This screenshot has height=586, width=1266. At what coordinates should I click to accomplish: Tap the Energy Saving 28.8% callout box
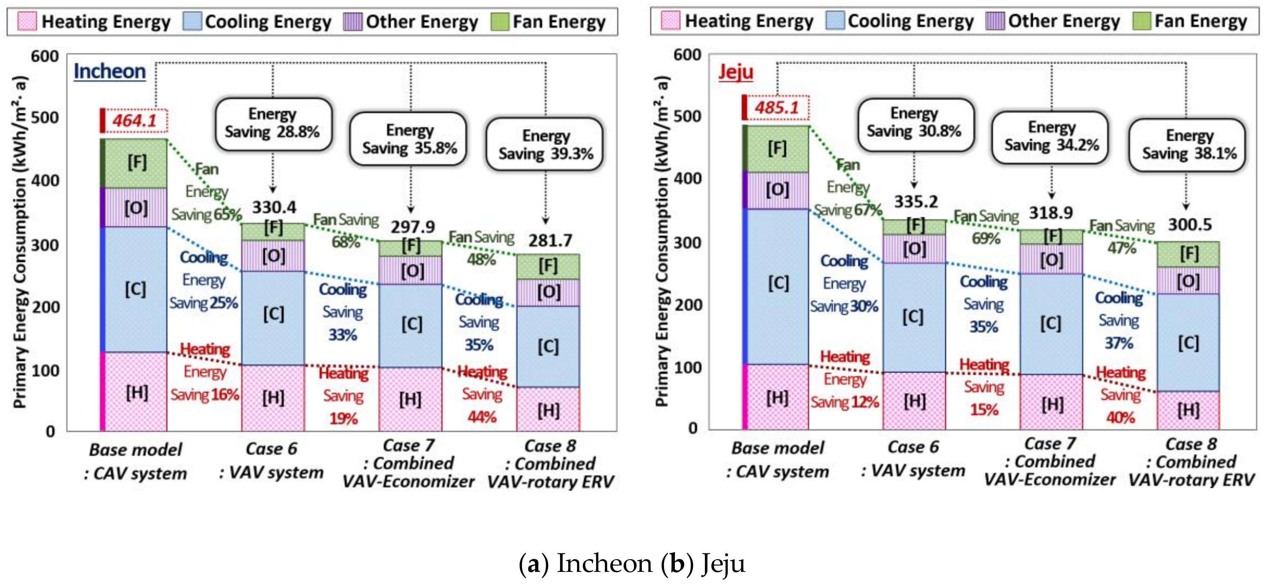pyautogui.click(x=273, y=123)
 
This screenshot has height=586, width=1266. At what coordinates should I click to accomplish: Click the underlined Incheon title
pyautogui.click(x=110, y=71)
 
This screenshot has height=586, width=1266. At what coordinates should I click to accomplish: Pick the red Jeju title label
pyautogui.click(x=735, y=72)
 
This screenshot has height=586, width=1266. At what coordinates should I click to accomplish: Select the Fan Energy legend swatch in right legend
pyautogui.click(x=1141, y=21)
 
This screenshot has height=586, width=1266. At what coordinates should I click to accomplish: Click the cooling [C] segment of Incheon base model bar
pyautogui.click(x=135, y=289)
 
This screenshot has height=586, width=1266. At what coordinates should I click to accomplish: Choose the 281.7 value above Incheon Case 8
pyautogui.click(x=550, y=240)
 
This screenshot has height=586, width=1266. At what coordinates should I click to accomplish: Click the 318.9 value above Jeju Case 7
pyautogui.click(x=1051, y=213)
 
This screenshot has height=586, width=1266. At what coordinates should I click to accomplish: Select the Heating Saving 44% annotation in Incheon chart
pyautogui.click(x=482, y=394)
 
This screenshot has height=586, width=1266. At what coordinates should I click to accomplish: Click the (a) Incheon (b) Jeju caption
pyautogui.click(x=632, y=564)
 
